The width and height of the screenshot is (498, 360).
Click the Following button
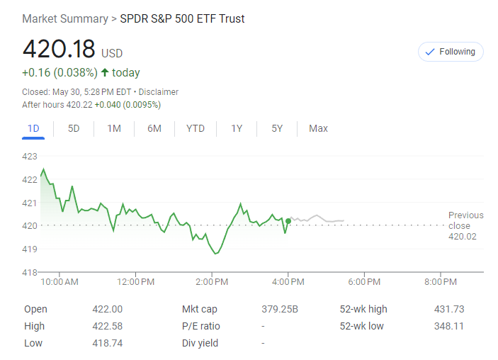click(451, 52)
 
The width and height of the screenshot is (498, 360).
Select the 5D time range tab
click(74, 128)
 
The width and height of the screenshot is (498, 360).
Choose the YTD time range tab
click(196, 128)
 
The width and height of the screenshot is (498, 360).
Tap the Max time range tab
click(318, 128)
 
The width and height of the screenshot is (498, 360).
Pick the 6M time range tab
click(154, 128)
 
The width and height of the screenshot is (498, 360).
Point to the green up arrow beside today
click(105, 72)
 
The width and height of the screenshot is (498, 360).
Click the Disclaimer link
click(159, 92)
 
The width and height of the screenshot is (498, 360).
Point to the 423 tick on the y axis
click(30, 157)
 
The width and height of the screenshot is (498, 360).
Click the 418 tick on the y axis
click(30, 272)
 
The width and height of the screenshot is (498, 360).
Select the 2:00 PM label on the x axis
click(211, 282)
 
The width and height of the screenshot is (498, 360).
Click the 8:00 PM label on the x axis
click(441, 282)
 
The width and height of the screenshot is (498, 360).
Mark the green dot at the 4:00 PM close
click(288, 221)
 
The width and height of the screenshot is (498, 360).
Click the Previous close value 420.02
click(463, 236)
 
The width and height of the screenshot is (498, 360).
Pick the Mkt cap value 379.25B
click(280, 309)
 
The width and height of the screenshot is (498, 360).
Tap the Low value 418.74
click(107, 343)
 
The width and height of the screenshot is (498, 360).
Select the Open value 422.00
click(107, 309)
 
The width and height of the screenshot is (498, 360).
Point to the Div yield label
click(200, 343)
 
